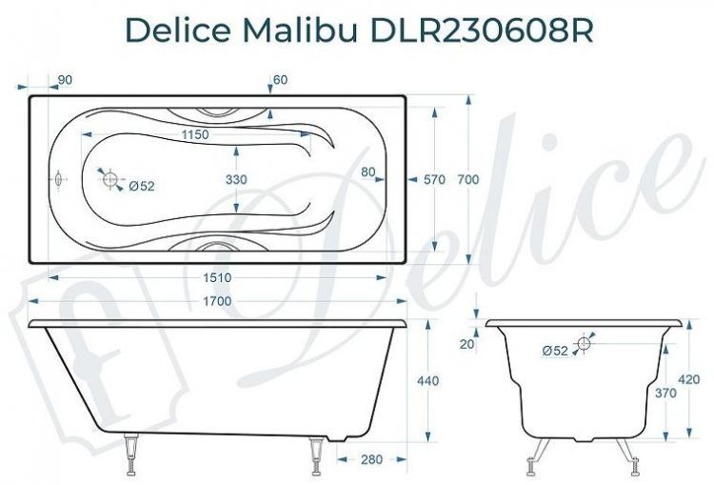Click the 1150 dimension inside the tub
194,135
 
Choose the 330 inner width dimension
236,179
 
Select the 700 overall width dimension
466,179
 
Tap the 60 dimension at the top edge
280,80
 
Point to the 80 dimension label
368,172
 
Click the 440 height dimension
428,381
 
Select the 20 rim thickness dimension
466,344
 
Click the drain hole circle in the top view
110,179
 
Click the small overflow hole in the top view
59,179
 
